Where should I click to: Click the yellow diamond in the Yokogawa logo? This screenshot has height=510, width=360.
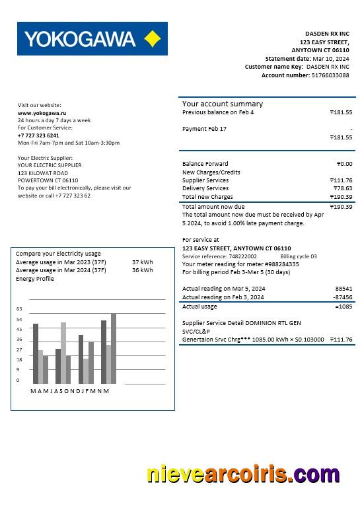coord(152,39)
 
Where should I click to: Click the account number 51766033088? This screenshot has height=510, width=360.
coord(330,75)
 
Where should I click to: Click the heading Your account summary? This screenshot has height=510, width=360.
coord(223,104)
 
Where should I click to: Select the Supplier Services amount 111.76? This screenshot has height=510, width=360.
coord(341,180)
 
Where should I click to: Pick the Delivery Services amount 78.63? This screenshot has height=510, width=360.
coord(343,188)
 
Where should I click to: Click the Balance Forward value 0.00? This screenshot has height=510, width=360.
coord(344,164)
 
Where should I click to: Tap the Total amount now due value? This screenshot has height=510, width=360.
coord(341,207)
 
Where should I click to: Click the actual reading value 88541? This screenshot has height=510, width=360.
coord(343,289)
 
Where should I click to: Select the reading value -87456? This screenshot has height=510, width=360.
coord(343,297)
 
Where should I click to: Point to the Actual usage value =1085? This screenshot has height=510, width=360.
coord(343,307)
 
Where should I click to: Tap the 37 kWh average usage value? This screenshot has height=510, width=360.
coord(142,262)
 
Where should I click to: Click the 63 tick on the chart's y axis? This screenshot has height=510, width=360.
coord(19,309)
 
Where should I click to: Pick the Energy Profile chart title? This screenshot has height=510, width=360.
coord(35,279)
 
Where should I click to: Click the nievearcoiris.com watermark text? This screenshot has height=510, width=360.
coord(243,475)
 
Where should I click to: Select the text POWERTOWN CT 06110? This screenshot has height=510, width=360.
coord(48,180)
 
